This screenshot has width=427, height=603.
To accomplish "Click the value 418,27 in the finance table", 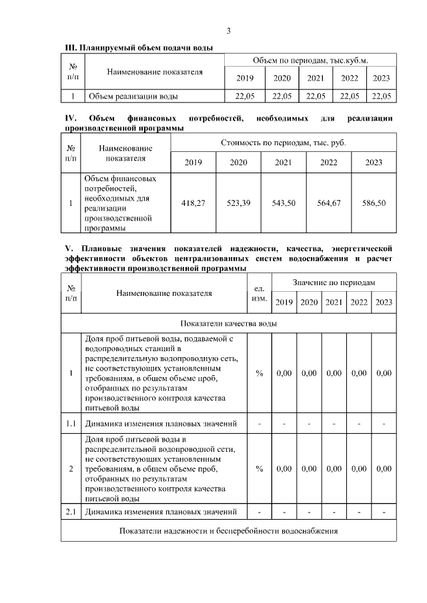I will coord(193,203).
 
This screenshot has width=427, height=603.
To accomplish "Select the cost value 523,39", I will coord(238,203).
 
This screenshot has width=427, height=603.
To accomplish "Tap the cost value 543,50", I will coord(284,203).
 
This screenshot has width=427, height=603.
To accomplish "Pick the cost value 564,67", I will coord(328,203).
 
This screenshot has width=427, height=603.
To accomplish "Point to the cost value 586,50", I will coord(374,203).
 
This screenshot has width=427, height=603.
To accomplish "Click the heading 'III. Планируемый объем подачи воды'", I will coord(138,48).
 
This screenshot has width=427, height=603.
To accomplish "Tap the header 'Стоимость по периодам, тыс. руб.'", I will coord(284,143).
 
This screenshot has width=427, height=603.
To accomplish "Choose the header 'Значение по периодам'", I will coord(334,283).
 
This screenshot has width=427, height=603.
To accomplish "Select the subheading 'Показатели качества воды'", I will coord(229,323).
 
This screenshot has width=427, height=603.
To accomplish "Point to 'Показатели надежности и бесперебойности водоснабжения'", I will coord(229,531).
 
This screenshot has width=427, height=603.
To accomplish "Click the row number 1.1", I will coord(71,423).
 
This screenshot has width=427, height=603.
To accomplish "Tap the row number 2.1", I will coord(71,512).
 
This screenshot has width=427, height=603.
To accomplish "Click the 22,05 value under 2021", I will coord(316,96).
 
